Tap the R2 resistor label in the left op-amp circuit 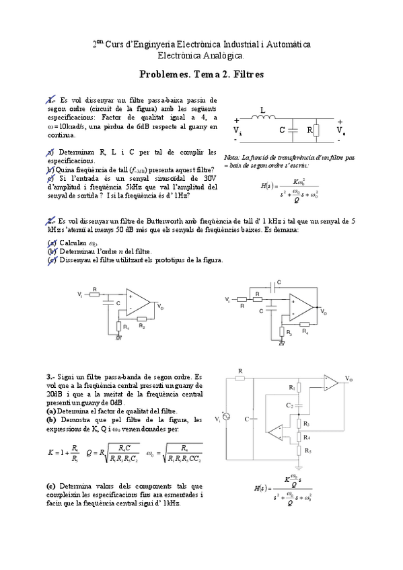click(x=142, y=326)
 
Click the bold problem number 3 click(x=51, y=377)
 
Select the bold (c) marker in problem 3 click(x=51, y=485)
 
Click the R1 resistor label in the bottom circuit click(x=292, y=387)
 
